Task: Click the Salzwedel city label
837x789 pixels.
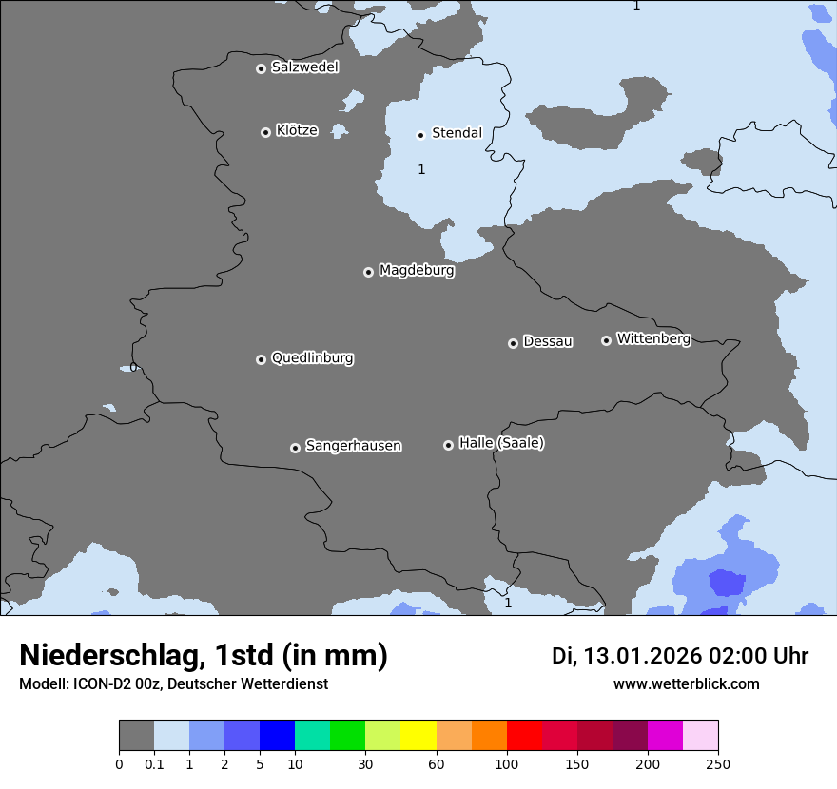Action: [304, 67]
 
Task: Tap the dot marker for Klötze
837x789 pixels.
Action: [265, 132]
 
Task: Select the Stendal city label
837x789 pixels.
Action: [457, 133]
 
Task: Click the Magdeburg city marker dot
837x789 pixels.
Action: [368, 272]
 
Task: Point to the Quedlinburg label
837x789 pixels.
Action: [312, 358]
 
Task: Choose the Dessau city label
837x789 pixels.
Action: [548, 341]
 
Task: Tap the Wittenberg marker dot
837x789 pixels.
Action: [606, 340]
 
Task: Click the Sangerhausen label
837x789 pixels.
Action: [353, 446]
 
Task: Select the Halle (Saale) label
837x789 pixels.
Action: [501, 443]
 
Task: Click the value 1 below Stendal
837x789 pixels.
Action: [421, 170]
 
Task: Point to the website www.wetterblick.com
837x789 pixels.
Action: [686, 684]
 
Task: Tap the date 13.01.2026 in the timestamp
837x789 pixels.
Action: [642, 656]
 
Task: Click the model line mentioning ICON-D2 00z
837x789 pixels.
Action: [173, 684]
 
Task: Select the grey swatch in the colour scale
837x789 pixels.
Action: [136, 736]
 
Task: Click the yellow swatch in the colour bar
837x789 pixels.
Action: [418, 736]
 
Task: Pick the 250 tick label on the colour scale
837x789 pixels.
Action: [718, 763]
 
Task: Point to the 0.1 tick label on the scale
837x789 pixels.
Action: [154, 763]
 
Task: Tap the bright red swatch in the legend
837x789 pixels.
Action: [524, 736]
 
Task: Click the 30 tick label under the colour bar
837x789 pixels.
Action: [365, 763]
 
